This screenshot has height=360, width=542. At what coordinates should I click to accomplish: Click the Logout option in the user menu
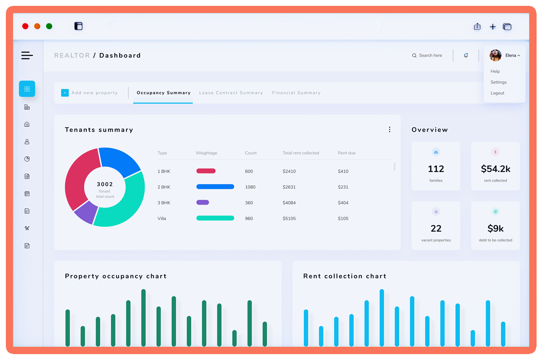(x=497, y=93)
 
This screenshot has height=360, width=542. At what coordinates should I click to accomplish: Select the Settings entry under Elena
(x=498, y=82)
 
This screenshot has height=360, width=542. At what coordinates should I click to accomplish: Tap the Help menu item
(x=495, y=71)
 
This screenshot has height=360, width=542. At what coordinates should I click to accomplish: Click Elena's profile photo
(x=495, y=56)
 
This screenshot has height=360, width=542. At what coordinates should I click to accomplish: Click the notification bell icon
(x=466, y=56)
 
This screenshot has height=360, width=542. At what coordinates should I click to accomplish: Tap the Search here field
(x=430, y=56)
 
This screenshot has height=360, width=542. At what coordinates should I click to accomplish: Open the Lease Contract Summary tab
(x=231, y=93)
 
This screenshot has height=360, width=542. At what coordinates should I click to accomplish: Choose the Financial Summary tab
(x=296, y=93)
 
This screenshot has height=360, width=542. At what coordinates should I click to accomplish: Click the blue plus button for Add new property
(x=65, y=93)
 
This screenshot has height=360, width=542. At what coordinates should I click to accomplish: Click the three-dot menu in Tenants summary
(x=389, y=130)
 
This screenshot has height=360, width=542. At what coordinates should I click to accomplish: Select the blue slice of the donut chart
(x=119, y=160)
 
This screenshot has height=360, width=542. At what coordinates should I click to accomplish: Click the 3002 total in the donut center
(x=105, y=184)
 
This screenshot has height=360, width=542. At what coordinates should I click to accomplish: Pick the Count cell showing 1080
(x=250, y=187)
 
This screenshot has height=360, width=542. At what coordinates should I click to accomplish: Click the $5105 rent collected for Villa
(x=289, y=219)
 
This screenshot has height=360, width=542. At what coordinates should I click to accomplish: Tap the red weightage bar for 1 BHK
(x=206, y=171)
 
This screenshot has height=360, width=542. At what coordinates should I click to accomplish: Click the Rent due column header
(x=346, y=153)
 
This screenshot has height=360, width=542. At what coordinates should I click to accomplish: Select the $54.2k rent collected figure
(x=495, y=169)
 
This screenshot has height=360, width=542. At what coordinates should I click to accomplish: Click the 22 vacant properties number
(x=436, y=229)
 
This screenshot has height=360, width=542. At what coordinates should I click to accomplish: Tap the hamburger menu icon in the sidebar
(x=27, y=56)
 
